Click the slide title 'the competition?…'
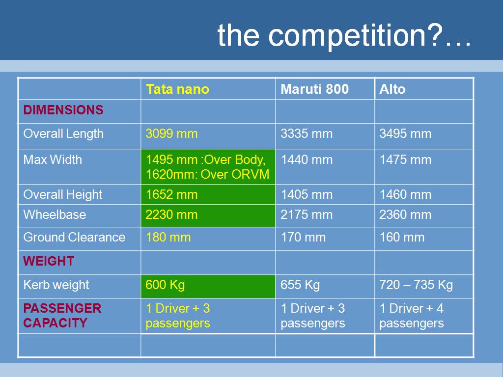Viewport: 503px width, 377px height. [x=344, y=35]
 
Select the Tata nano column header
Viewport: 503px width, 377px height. [x=177, y=89]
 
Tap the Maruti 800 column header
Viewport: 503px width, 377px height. [x=315, y=89]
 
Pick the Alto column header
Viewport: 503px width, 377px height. [x=392, y=89]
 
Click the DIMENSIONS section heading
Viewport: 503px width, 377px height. [x=63, y=110]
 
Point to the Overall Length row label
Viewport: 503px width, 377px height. [x=63, y=134]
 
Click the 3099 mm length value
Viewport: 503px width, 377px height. [x=171, y=134]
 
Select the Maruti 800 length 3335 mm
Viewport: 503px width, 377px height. [x=307, y=134]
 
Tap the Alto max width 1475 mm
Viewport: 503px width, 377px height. [x=405, y=160]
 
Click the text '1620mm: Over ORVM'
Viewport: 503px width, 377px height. [x=208, y=174]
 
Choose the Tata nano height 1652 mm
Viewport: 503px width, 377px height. [x=171, y=194]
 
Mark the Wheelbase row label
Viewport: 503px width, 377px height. [x=55, y=215]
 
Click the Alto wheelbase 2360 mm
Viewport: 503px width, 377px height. [x=405, y=215]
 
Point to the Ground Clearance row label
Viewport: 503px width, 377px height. [x=74, y=237]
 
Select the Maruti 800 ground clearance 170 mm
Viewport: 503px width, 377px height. [x=303, y=238]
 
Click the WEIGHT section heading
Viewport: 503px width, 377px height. [x=49, y=261]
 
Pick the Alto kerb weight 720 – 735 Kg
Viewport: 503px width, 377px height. [x=416, y=285]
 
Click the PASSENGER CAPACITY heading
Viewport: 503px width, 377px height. [x=62, y=316]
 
